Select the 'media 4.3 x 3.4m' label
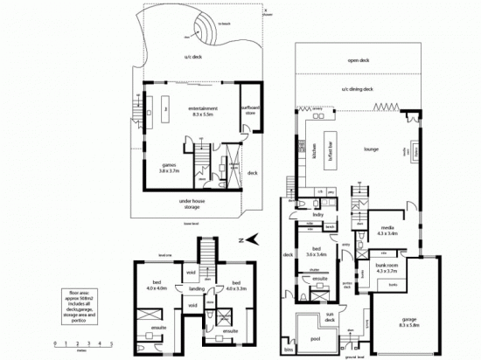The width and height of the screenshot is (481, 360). [387, 232]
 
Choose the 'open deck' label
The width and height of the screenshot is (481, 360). [359, 61]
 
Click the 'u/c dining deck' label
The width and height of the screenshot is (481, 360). [359, 90]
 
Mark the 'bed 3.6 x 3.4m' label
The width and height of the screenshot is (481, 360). [314, 253]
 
